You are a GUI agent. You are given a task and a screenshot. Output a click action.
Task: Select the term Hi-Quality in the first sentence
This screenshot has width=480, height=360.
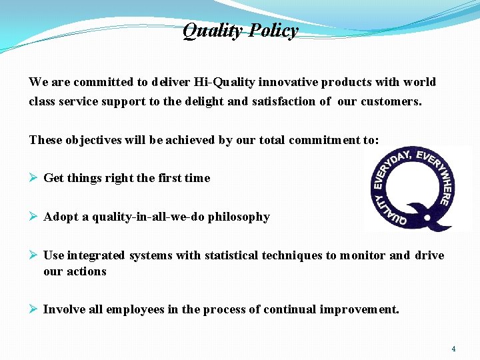223,82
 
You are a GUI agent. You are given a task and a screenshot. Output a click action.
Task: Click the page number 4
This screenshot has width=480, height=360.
453,349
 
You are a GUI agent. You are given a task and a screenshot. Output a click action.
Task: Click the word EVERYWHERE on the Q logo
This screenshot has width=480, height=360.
439,177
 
